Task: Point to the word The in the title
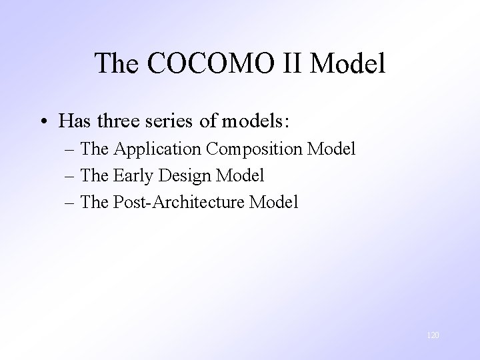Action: pyautogui.click(x=117, y=63)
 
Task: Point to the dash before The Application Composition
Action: pyautogui.click(x=70, y=149)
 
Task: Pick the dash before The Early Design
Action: pyautogui.click(x=70, y=176)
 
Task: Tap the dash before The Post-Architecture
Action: pyautogui.click(x=70, y=202)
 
